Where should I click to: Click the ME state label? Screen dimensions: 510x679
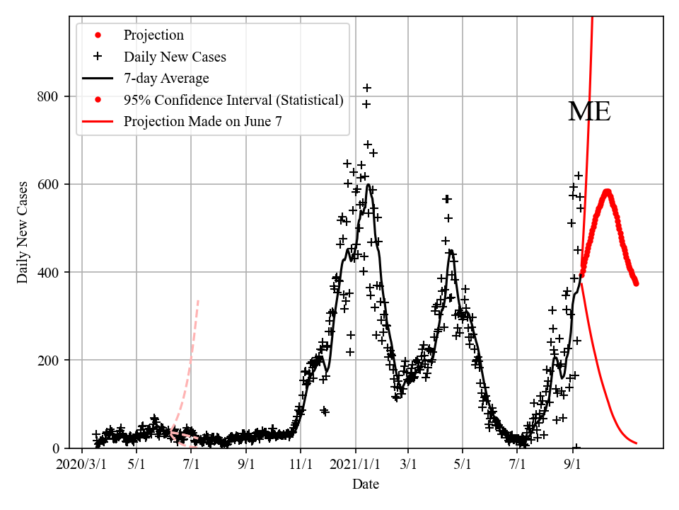click(x=588, y=112)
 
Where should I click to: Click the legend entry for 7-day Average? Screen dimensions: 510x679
click(x=166, y=78)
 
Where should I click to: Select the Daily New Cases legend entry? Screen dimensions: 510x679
click(x=174, y=57)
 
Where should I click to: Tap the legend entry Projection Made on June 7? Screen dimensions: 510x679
click(x=202, y=121)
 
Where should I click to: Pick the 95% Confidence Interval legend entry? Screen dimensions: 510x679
click(x=233, y=100)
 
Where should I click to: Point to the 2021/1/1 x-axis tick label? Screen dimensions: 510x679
click(x=356, y=466)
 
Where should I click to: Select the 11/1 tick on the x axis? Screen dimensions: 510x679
click(x=301, y=466)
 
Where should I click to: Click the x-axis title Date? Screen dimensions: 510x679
click(x=366, y=484)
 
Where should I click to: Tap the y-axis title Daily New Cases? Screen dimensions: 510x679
click(x=23, y=232)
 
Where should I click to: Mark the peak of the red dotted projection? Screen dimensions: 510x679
click(x=607, y=191)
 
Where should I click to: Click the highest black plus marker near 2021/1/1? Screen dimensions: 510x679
click(x=367, y=88)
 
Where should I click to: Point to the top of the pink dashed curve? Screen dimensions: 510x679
click(x=198, y=300)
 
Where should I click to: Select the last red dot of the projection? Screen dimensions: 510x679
click(x=636, y=283)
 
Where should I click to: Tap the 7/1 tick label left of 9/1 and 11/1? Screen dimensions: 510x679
click(x=191, y=466)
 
